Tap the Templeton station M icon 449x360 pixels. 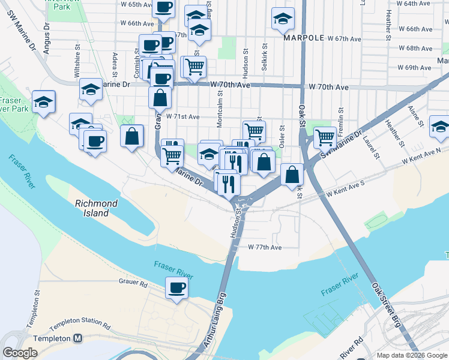(x=78, y=338)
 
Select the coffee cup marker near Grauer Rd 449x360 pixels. (x=176, y=288)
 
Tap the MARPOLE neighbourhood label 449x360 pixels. (x=304, y=38)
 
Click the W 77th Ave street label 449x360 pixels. (x=265, y=247)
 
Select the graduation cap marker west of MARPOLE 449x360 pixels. (x=282, y=19)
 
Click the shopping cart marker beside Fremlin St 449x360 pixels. (x=325, y=137)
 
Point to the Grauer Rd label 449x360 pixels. (x=133, y=282)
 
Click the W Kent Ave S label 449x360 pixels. (x=346, y=193)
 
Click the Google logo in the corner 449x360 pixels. (x=20, y=353)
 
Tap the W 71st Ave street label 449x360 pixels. (x=182, y=116)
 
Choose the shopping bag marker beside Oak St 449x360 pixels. (x=292, y=175)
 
